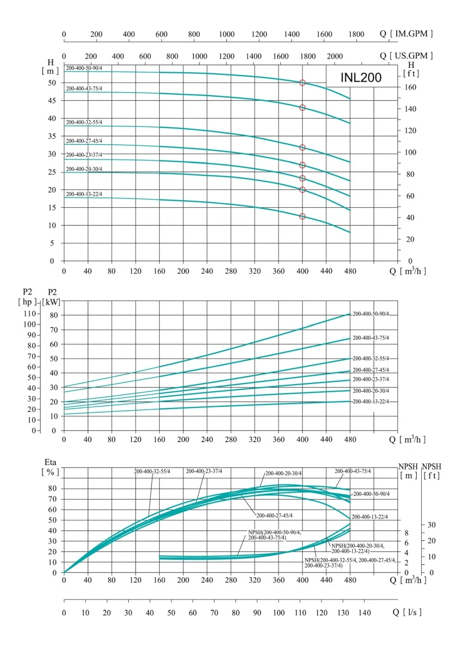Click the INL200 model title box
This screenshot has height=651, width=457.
361,77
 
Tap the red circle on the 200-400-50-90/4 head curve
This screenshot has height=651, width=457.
302,82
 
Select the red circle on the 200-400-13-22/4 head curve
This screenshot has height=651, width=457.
302,216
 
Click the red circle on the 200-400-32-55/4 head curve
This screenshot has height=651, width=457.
302,148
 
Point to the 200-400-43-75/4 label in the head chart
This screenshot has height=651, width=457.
84,88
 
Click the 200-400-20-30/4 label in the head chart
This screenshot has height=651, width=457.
84,169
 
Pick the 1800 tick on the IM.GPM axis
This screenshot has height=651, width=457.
356,34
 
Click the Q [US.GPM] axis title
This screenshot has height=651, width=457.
407,56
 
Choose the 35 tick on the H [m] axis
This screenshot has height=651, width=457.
53,136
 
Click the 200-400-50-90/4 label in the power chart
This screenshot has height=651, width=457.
371,314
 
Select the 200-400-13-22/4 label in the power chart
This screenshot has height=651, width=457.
371,401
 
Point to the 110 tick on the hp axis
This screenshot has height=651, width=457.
28,314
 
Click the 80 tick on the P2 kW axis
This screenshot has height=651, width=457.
53,315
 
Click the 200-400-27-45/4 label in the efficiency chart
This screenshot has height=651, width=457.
274,515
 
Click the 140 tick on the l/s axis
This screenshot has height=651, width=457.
364,612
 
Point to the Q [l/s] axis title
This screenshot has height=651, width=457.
407,612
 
